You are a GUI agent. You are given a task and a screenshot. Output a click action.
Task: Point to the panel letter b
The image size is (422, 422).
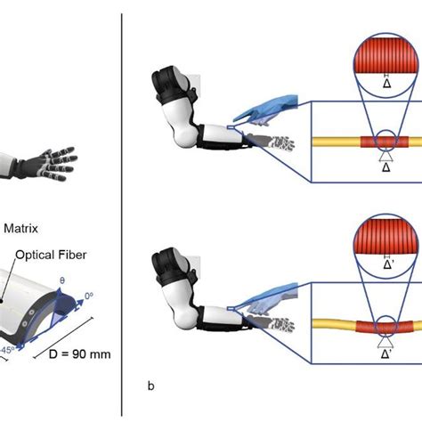tap(150, 386)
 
